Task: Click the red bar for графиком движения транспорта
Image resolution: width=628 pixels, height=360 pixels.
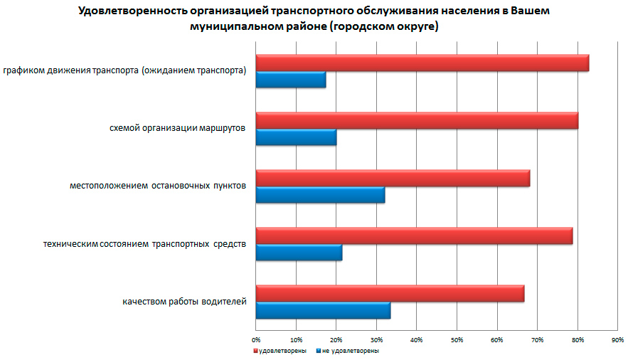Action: click(x=422, y=63)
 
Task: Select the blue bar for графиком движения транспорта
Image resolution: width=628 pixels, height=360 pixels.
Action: click(x=290, y=80)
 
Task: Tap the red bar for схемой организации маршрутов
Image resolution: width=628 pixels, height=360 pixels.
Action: click(x=417, y=120)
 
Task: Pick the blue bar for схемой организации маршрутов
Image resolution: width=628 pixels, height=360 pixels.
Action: click(x=296, y=137)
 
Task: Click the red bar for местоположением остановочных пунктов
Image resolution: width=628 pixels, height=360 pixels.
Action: click(x=393, y=178)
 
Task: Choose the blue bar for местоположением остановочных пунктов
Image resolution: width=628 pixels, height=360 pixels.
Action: click(x=320, y=195)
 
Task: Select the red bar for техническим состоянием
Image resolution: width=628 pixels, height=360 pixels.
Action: click(x=414, y=235)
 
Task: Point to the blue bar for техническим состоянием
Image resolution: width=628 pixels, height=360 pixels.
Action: click(x=299, y=253)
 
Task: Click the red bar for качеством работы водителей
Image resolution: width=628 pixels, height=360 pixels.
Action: click(x=390, y=293)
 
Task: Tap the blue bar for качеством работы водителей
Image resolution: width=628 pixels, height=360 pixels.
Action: click(x=323, y=310)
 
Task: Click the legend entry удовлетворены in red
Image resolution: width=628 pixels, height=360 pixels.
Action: click(x=282, y=351)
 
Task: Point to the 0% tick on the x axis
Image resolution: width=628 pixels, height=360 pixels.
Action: click(x=256, y=339)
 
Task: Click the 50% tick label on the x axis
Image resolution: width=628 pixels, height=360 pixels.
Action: click(x=457, y=339)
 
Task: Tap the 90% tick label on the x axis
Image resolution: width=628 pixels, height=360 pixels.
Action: click(x=618, y=339)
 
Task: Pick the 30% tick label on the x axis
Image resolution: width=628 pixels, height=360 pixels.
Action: click(x=377, y=339)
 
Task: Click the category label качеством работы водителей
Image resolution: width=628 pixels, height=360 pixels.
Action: click(x=184, y=302)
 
